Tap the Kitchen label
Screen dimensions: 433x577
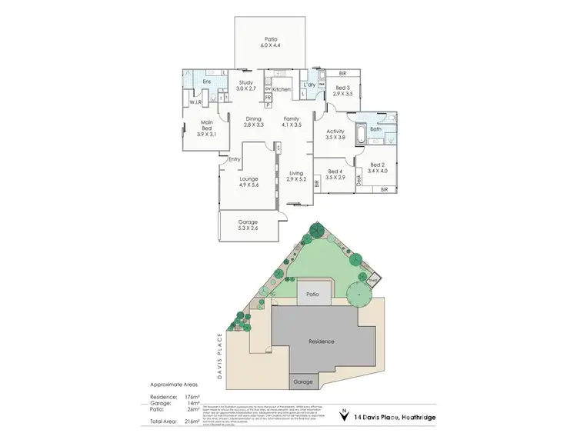coord(282,90)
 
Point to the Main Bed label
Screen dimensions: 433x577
coord(206,128)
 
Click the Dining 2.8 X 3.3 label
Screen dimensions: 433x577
coord(254,122)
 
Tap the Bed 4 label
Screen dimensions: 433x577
coord(334,174)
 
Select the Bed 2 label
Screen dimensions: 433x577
coord(376,168)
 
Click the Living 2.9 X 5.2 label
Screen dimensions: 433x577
coord(296,176)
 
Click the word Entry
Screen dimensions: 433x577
coord(235,159)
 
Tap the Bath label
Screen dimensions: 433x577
coord(375,129)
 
